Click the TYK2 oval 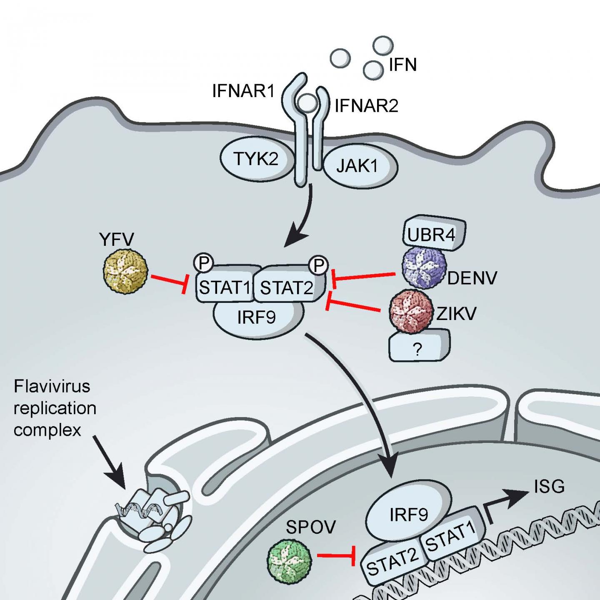point(255,159)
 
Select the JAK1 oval point(359,166)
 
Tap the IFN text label point(402,65)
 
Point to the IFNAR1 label point(243,91)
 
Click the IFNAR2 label point(366,106)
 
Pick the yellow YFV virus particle point(125,271)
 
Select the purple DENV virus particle point(424,267)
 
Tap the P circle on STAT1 point(204,262)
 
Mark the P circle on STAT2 point(318,265)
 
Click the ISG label point(549,487)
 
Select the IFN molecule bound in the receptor point(308,102)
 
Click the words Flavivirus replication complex point(54,408)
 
